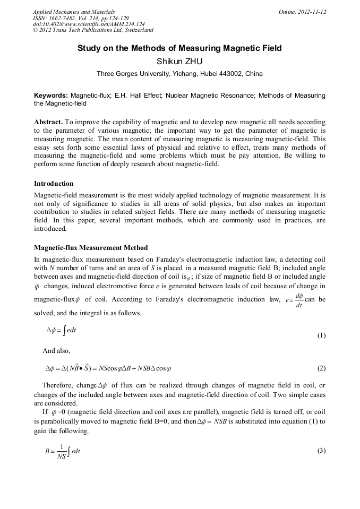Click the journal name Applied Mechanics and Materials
coord(74,12)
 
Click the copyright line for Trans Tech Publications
coord(93,30)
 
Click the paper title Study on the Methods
coord(179,48)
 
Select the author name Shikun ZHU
coord(179,62)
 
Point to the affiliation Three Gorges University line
coord(179,74)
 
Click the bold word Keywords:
coord(51,96)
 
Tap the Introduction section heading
coord(54,184)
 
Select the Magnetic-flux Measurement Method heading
coord(91,248)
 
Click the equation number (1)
coord(321,336)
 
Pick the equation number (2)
coord(321,368)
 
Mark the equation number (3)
coord(321,451)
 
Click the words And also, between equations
coord(56,351)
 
